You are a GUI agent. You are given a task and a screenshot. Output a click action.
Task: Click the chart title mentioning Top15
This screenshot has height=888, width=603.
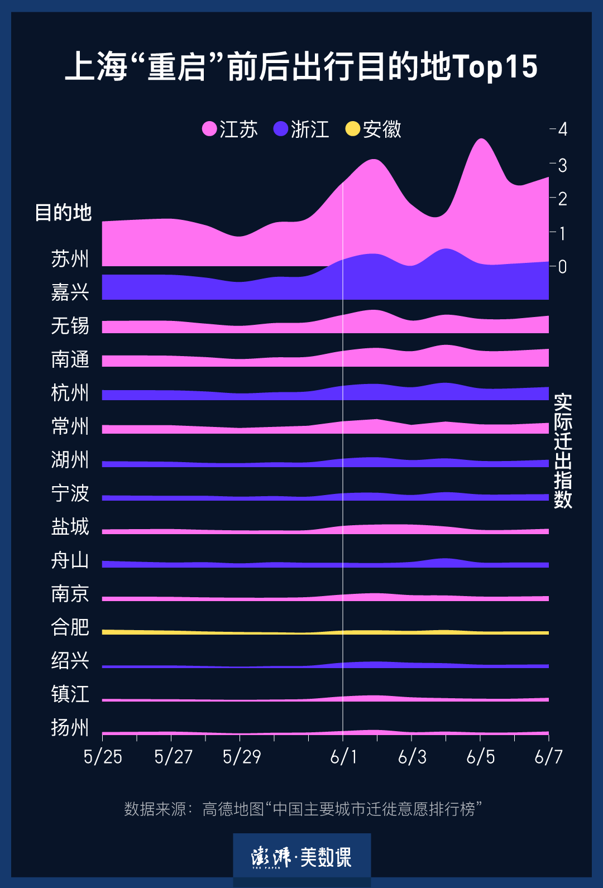pos(301,66)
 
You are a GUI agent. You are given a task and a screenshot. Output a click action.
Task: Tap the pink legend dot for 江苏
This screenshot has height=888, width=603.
pos(209,129)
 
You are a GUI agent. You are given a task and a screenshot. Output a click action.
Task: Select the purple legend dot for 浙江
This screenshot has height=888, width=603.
pos(280,129)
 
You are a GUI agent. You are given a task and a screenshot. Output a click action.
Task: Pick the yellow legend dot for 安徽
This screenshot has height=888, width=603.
pos(352,129)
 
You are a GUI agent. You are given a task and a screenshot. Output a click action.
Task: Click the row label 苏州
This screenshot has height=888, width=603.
pos(70,259)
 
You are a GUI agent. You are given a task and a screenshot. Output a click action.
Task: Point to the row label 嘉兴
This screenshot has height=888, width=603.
pos(70,292)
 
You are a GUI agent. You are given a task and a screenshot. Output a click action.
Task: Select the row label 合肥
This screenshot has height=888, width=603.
pos(70,627)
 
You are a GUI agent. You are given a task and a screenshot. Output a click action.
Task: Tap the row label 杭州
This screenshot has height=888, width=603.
pos(70,393)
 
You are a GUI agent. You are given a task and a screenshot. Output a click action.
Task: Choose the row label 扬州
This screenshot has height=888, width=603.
pos(70,728)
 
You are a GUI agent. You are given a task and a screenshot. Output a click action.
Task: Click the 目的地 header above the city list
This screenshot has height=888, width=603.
pos(63,213)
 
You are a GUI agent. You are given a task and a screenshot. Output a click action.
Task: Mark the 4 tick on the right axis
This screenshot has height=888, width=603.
pos(562,129)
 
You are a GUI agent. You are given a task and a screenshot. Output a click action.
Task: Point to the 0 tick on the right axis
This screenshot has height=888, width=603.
pos(562,267)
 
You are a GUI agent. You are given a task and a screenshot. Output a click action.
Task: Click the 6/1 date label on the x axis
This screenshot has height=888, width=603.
pos(343,757)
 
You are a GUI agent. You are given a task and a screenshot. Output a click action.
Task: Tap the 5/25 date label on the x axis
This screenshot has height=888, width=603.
pos(103,757)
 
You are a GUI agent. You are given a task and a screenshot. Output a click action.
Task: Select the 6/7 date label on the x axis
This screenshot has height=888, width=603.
pos(548,757)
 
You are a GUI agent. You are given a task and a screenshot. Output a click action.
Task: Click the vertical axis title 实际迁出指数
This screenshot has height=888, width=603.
pos(563,450)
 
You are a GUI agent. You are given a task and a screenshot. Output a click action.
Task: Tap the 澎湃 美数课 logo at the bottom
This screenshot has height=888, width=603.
pos(301,857)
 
